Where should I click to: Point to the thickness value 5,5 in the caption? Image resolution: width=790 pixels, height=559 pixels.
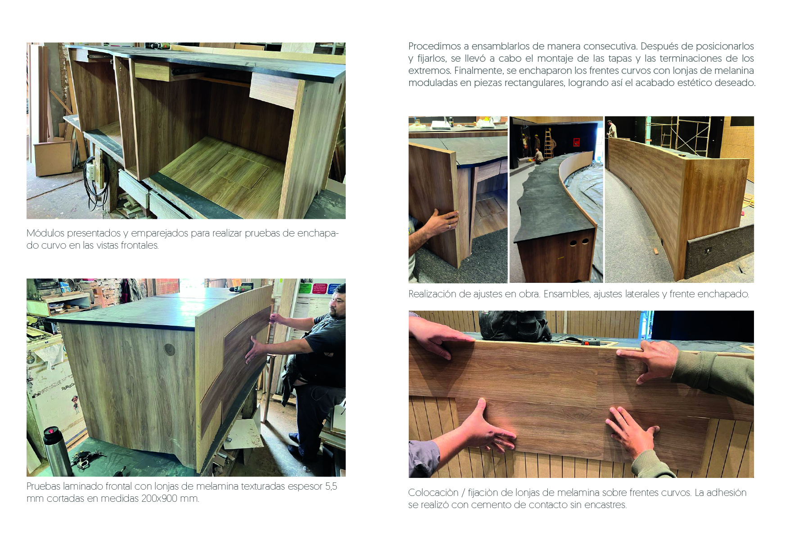pyautogui.click(x=331, y=487)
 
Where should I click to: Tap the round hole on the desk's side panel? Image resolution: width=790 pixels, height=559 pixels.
pyautogui.click(x=169, y=350)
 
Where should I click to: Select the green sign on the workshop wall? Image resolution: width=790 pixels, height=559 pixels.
pyautogui.click(x=305, y=288)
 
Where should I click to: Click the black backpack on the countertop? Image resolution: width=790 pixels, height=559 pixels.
pyautogui.click(x=514, y=325)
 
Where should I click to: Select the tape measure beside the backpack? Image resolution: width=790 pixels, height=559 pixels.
pyautogui.click(x=589, y=343)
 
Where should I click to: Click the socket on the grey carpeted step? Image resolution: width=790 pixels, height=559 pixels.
pyautogui.click(x=708, y=250)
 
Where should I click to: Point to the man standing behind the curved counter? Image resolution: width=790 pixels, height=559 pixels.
pyautogui.click(x=611, y=129)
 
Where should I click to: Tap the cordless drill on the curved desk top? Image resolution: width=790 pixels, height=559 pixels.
pyautogui.click(x=240, y=289)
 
